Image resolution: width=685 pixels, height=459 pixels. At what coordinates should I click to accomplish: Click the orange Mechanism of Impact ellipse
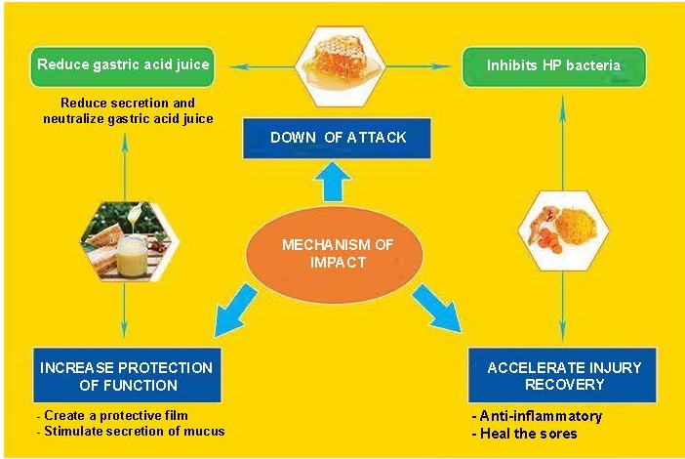tap(334, 254)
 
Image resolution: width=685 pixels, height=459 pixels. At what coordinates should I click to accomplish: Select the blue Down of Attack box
tap(337, 138)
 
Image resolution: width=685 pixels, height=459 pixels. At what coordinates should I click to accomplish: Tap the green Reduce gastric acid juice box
tap(122, 66)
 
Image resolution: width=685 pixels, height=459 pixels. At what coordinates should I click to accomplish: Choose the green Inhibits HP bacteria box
tap(554, 66)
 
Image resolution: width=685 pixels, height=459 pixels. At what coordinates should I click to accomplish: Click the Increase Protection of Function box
tap(127, 375)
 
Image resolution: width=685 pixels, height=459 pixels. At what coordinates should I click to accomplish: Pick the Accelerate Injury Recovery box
tap(562, 375)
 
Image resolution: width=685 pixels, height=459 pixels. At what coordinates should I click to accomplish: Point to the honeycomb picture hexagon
tap(340, 66)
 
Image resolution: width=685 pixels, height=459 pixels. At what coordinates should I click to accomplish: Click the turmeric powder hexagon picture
tap(564, 230)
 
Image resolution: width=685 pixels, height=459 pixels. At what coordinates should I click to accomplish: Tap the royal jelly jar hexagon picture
tap(130, 240)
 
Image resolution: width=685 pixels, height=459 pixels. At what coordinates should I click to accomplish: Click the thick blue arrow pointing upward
tap(332, 182)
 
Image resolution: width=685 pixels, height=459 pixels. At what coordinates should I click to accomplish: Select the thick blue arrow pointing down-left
tap(234, 311)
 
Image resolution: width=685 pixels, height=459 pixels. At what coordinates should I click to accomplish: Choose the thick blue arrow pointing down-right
tap(437, 309)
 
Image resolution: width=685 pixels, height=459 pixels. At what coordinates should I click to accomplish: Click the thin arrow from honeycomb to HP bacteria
tap(418, 66)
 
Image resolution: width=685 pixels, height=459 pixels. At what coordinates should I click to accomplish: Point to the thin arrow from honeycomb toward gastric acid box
tap(262, 66)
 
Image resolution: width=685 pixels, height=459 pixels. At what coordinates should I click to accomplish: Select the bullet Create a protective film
tap(113, 415)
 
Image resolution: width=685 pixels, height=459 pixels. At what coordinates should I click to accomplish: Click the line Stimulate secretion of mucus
tap(131, 431)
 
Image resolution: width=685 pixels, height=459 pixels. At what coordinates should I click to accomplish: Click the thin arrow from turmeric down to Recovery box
tap(563, 306)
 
